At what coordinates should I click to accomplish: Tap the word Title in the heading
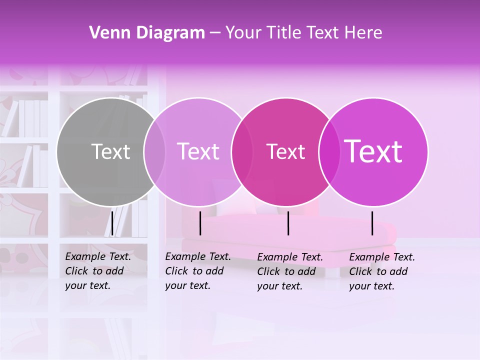[283, 33]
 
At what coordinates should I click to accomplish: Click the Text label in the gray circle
[111, 151]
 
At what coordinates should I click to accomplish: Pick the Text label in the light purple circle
[198, 151]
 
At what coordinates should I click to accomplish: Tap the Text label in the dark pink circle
[286, 151]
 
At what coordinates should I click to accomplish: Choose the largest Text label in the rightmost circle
[373, 151]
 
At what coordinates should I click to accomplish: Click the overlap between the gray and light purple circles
[154, 151]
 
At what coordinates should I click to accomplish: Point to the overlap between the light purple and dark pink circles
[242, 151]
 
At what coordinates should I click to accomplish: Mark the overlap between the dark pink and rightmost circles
[329, 151]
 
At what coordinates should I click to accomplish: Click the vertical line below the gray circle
[112, 223]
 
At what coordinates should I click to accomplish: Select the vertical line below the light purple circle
[200, 223]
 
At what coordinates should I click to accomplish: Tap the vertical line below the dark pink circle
[288, 223]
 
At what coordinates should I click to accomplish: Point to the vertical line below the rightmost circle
[372, 223]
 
